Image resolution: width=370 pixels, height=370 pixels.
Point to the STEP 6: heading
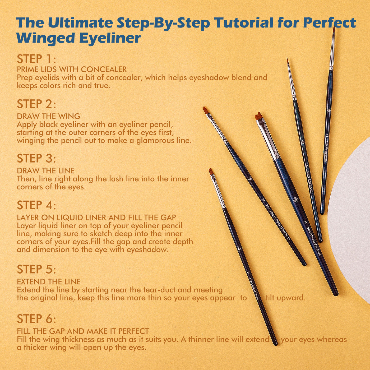tap(36, 319)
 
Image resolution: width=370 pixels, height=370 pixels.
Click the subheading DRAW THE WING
tap(49, 116)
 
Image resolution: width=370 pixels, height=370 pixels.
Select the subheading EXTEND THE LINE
tap(49, 282)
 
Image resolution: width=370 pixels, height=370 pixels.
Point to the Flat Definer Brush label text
tap(254, 289)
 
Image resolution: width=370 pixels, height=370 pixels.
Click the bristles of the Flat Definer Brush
tap(211, 172)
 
